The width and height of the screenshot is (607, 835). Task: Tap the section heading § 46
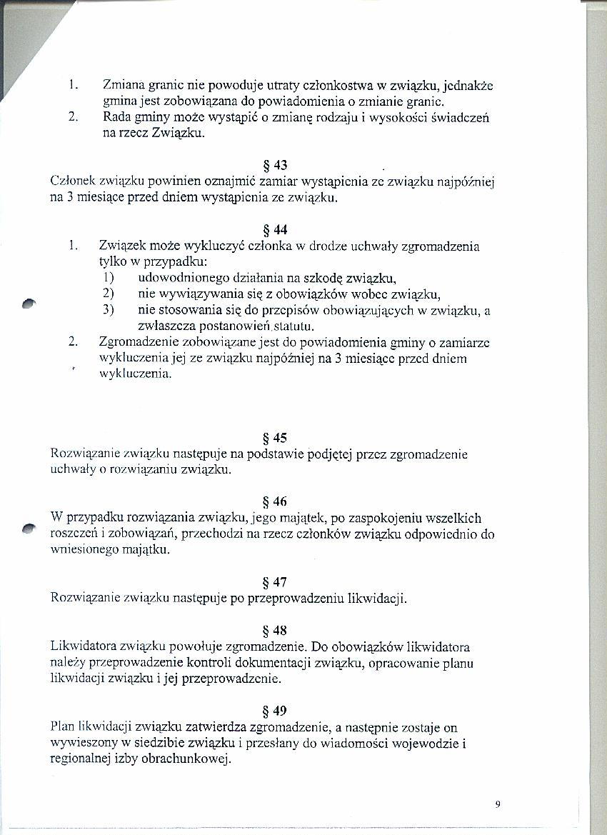click(275, 502)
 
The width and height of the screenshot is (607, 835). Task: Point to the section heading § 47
click(275, 582)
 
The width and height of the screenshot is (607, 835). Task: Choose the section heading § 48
click(275, 631)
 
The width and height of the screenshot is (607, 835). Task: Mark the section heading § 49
click(275, 711)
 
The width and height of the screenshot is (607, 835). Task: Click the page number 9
click(497, 804)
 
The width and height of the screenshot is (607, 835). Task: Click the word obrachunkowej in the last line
click(188, 759)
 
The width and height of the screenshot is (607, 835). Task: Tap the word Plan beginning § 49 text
click(64, 727)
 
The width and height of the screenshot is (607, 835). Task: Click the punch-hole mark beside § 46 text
click(28, 527)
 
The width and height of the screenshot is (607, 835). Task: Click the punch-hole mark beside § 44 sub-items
click(28, 303)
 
